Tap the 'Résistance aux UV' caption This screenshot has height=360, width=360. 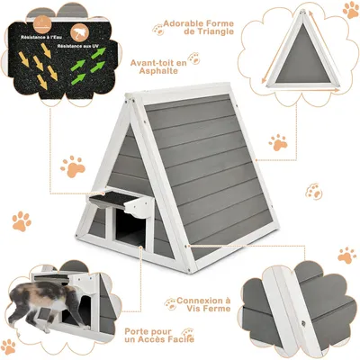coord(80,44)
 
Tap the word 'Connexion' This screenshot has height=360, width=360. coord(205,301)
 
